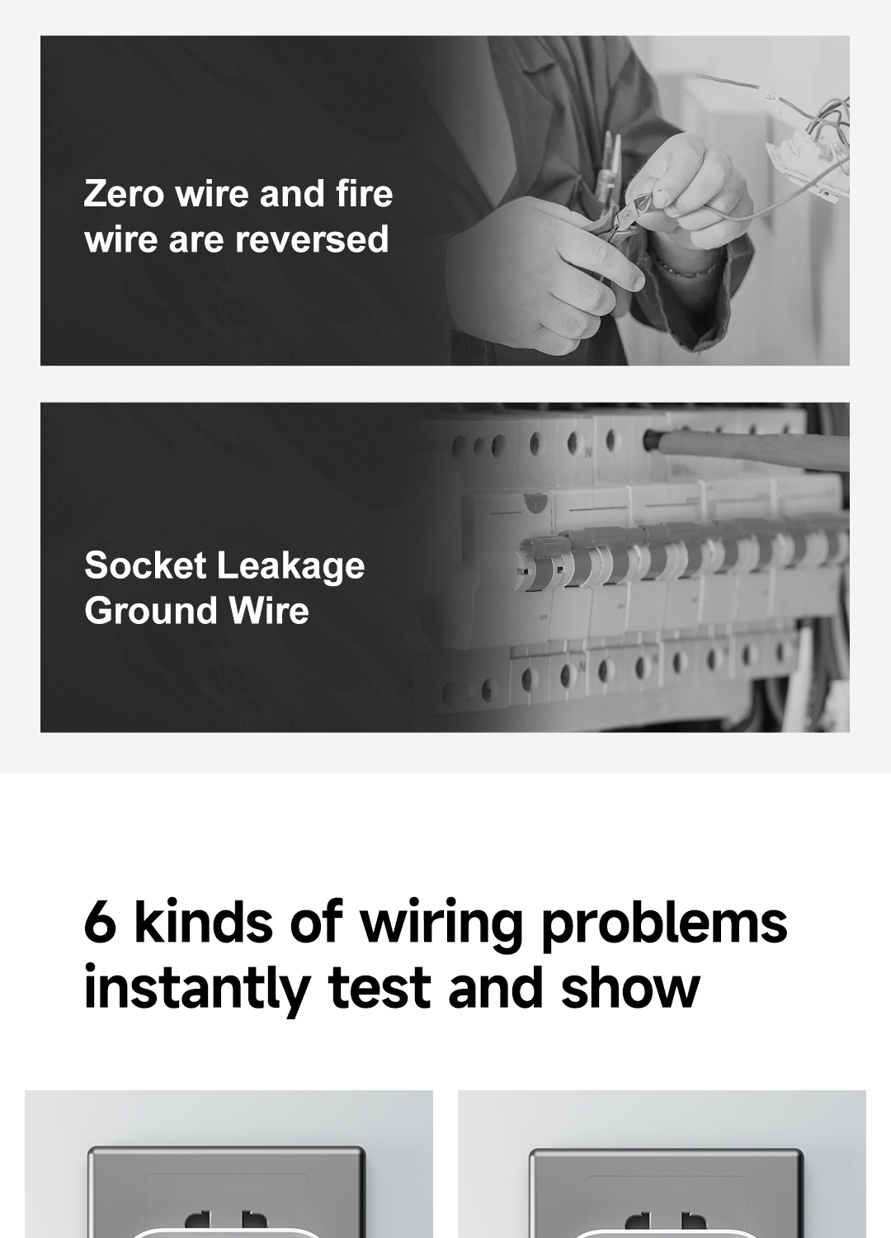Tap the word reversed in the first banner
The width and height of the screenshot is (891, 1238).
(312, 239)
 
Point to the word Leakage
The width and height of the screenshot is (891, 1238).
(290, 567)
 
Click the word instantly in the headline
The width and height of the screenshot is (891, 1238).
(196, 989)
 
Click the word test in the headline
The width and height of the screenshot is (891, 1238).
(379, 989)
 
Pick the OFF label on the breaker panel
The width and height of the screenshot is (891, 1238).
(544, 617)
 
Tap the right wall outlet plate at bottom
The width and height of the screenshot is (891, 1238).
(666, 1193)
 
